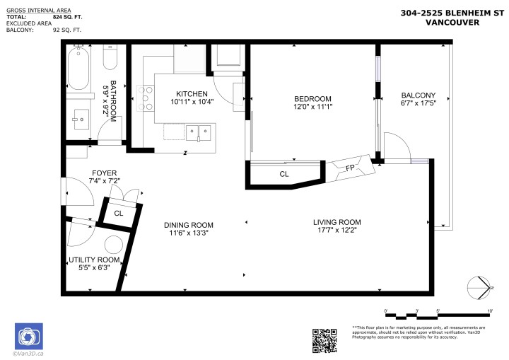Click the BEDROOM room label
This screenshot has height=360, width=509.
tap(312, 98)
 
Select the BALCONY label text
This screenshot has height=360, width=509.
tap(418, 95)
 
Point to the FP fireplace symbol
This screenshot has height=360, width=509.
tap(349, 168)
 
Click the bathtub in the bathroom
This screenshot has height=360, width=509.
tap(77, 67)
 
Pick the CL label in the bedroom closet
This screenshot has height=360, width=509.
tap(283, 173)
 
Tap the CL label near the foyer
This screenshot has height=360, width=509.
tap(119, 212)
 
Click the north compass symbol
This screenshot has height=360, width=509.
tap(481, 286)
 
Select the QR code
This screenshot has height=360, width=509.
tap(324, 340)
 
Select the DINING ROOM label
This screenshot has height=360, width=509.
tap(187, 225)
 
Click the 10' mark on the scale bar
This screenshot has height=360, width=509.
tap(490, 310)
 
